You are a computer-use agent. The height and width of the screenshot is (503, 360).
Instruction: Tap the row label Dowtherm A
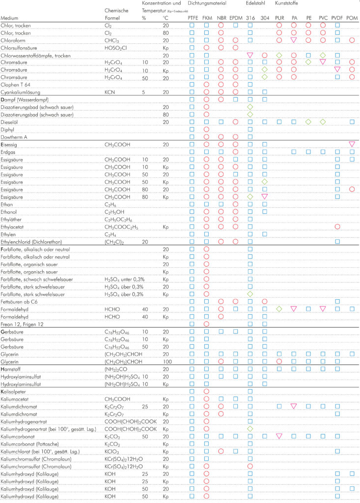16,137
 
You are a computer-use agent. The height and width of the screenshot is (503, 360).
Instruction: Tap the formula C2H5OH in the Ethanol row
114,212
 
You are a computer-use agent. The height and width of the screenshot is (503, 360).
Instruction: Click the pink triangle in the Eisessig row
352,144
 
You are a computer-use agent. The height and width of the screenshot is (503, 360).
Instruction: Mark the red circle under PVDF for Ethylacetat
337,227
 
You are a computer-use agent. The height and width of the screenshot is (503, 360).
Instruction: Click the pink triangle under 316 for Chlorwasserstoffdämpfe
250,55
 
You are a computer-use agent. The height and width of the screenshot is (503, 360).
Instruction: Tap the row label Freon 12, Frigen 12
23,324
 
